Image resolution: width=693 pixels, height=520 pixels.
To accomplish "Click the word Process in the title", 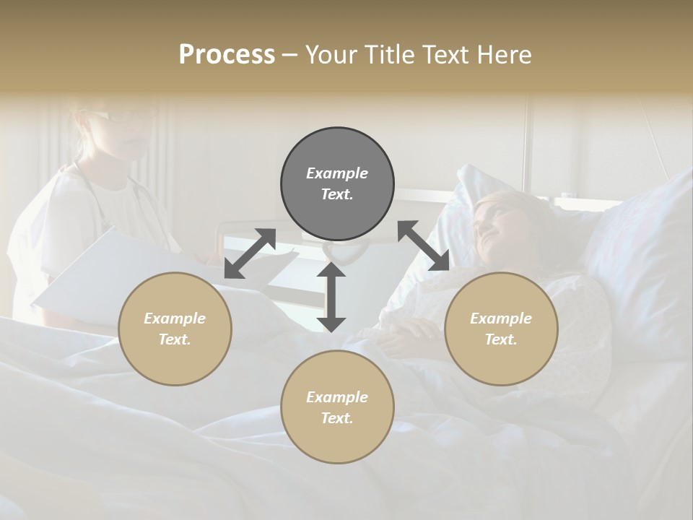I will [227, 55].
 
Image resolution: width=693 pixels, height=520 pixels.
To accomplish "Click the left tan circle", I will [175, 329].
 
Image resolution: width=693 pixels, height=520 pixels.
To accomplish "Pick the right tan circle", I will [501, 329].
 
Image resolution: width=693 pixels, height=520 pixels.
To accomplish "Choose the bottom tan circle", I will [337, 407].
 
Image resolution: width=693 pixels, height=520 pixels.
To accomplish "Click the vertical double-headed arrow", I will [331, 296].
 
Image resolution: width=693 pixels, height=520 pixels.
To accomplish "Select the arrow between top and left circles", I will [250, 253].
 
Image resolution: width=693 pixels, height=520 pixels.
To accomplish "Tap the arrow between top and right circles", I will [423, 246].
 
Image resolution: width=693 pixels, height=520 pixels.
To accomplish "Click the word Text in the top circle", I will [336, 194].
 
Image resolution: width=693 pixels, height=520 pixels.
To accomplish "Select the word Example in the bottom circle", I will [336, 396].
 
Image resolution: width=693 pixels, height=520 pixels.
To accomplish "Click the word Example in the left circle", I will [175, 318].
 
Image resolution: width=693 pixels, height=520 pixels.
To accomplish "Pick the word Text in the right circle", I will [501, 339].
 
